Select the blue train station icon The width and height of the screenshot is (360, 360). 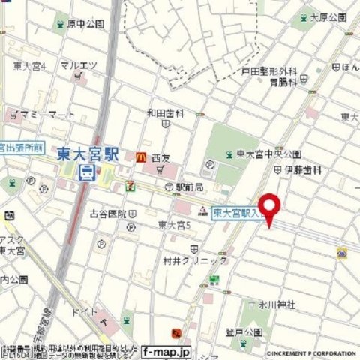(87, 174)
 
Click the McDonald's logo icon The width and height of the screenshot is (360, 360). (140, 157)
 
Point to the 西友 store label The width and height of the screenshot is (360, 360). (161, 158)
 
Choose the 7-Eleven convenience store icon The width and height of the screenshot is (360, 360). (130, 182)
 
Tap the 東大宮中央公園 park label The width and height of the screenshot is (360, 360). (268, 154)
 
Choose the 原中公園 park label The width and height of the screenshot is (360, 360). (85, 24)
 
